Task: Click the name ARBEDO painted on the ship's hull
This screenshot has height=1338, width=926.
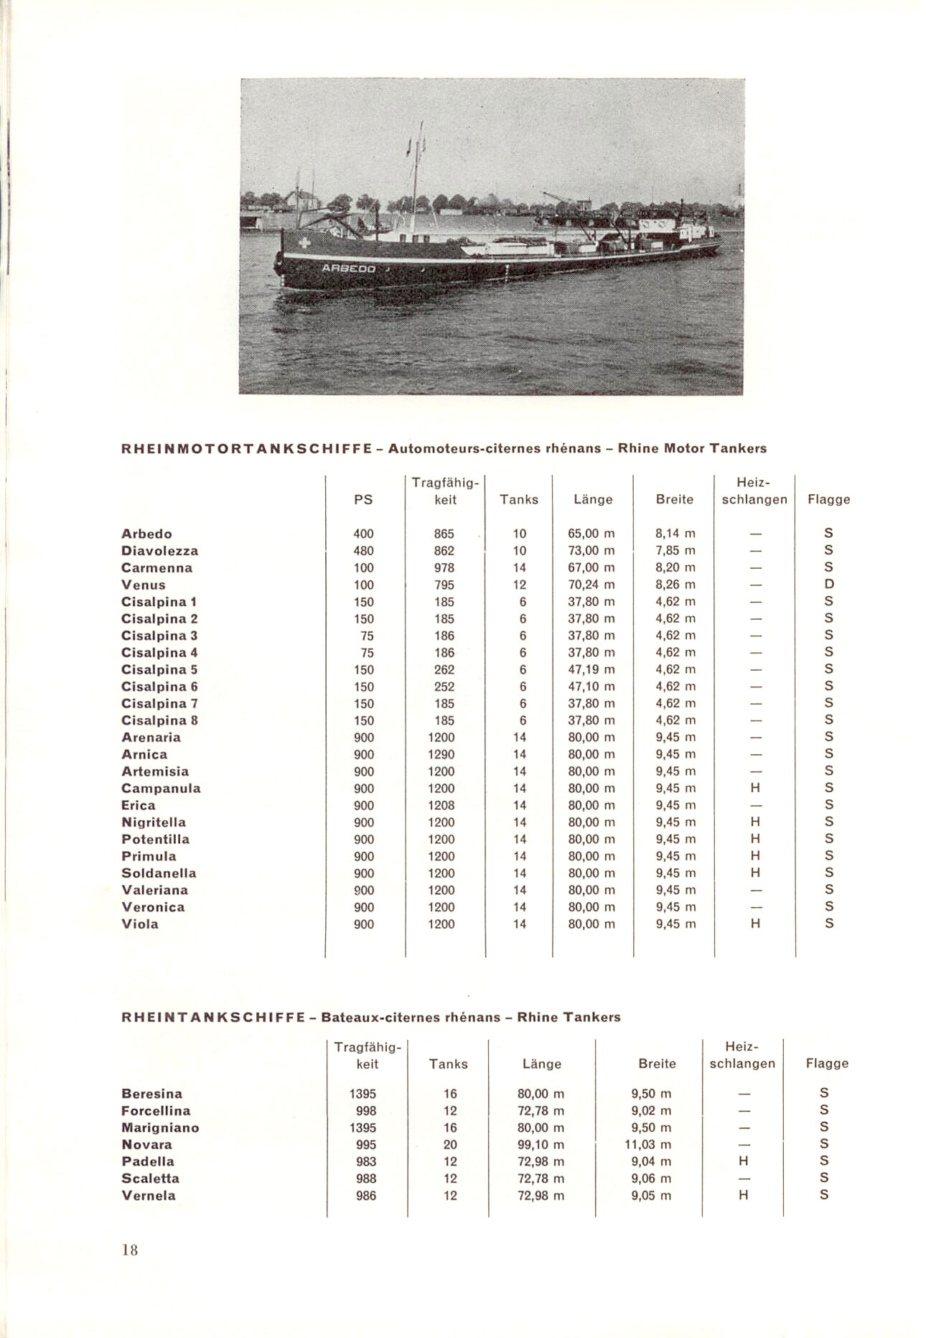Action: (349, 269)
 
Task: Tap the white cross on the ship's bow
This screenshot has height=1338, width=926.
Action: (305, 243)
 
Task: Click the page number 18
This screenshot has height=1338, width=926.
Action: (129, 1250)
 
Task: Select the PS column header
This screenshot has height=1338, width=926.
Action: (364, 499)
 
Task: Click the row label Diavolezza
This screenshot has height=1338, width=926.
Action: (159, 551)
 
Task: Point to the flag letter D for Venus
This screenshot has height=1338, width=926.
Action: (829, 585)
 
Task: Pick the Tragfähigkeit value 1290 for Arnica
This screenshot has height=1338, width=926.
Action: (441, 754)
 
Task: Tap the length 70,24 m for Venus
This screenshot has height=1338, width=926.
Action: (591, 585)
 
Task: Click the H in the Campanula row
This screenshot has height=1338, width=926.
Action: (755, 789)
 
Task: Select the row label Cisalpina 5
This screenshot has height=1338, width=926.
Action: (159, 669)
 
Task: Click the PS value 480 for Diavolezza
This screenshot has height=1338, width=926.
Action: (364, 551)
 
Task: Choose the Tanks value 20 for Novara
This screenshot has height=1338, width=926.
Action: (450, 1145)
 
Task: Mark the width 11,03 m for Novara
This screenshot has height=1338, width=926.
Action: (648, 1145)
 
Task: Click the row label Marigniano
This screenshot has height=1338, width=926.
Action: (160, 1128)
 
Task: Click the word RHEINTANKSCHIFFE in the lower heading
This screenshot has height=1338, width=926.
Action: (213, 1018)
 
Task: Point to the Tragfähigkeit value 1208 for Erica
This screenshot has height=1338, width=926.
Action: (441, 805)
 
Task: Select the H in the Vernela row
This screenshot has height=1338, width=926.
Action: (744, 1196)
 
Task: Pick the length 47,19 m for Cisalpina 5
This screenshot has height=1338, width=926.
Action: (591, 669)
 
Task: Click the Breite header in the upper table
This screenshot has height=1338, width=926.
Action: (675, 499)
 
